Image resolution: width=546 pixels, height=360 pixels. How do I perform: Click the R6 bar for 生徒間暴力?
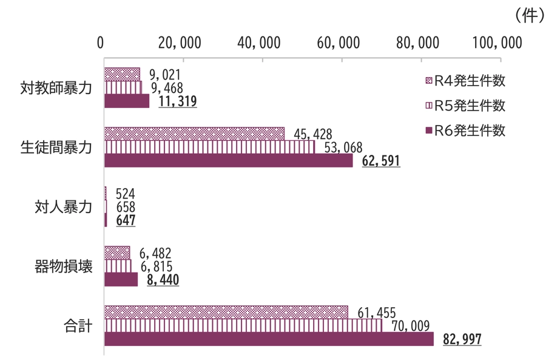[228, 161]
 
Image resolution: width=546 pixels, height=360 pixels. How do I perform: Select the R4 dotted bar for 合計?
[226, 312]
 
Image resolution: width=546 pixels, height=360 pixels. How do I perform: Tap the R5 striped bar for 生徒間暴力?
[209, 147]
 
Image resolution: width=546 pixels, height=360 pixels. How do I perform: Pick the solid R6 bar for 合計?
[269, 339]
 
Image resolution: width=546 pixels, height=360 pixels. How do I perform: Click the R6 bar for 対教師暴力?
[127, 101]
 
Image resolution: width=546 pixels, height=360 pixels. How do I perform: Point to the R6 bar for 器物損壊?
[121, 279]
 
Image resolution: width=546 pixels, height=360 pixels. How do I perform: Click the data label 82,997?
[462, 339]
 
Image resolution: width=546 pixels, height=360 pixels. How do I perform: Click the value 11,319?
[177, 101]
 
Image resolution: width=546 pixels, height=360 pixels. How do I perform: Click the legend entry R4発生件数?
[465, 81]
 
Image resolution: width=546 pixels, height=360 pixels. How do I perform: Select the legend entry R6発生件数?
[465, 131]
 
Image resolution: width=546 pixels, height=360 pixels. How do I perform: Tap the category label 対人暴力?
[63, 207]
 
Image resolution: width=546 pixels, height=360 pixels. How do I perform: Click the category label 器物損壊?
[63, 266]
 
